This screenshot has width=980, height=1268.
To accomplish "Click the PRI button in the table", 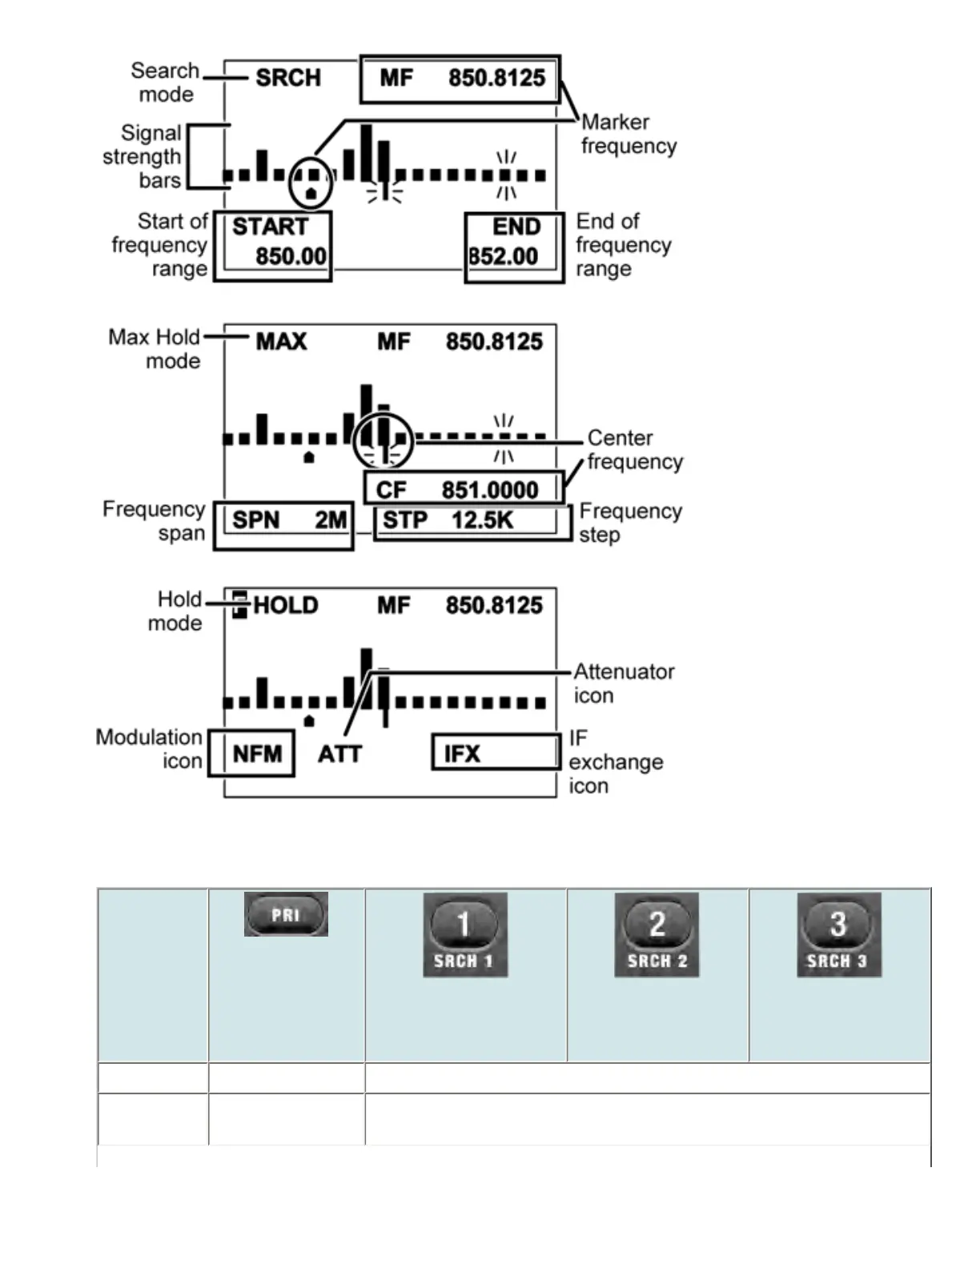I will (286, 914).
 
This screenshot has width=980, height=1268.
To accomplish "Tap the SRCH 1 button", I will (464, 935).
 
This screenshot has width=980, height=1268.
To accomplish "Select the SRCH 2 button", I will (657, 935).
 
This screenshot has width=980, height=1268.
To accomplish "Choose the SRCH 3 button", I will (838, 935).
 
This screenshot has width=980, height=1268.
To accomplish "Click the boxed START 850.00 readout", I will (273, 246).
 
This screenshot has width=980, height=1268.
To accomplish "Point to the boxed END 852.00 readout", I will (515, 246).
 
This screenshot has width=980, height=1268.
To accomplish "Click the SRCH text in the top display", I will (288, 78).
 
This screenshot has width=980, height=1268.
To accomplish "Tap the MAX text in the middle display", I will (281, 342).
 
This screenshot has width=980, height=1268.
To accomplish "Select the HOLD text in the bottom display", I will (286, 605).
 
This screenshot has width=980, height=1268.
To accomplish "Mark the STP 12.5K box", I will (473, 521).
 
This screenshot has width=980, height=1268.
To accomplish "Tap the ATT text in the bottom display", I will (339, 754).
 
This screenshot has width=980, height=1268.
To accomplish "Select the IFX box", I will (496, 752).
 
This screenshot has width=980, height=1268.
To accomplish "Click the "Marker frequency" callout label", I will (629, 134).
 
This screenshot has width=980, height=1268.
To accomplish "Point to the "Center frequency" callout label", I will (634, 449).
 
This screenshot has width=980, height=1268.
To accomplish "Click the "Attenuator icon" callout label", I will (623, 683).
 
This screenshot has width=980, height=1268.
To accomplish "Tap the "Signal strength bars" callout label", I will (142, 156).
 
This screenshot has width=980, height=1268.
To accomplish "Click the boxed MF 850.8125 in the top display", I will (460, 78).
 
